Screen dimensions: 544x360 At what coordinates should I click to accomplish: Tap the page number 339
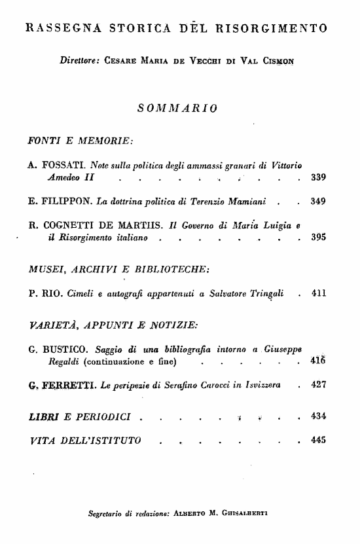click(x=319, y=177)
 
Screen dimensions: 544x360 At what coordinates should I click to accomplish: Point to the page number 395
click(x=319, y=238)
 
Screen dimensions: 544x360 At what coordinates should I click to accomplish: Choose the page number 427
click(x=319, y=386)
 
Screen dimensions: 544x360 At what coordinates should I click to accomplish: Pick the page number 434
click(x=319, y=416)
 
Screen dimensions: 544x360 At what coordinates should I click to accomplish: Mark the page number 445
click(x=319, y=441)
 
